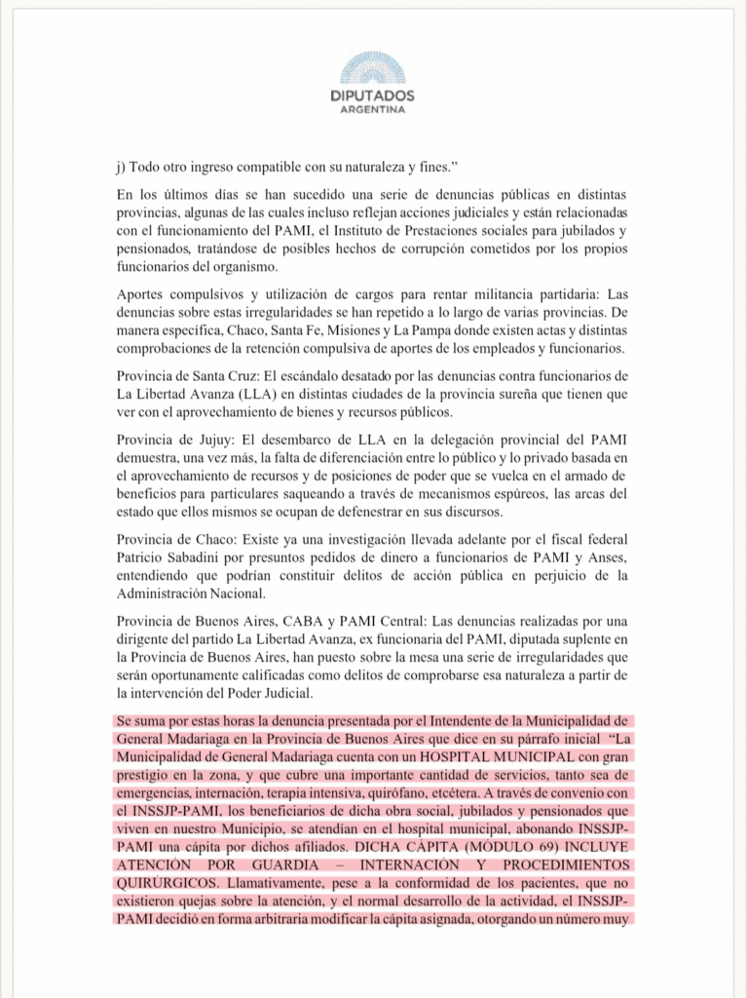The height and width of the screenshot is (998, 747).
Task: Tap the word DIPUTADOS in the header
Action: pyautogui.click(x=372, y=96)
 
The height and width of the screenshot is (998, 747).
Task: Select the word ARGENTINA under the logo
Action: pyautogui.click(x=372, y=110)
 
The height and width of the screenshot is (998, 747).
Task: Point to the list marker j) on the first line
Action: pyautogui.click(x=121, y=167)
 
